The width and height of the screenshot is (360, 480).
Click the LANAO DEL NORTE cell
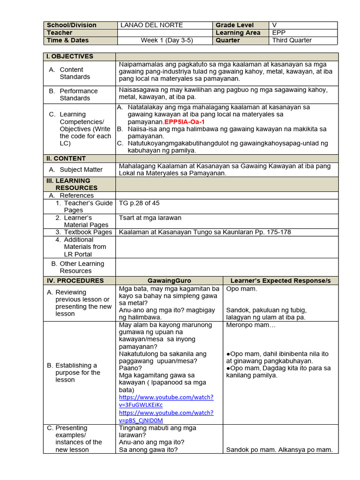(x=151, y=25)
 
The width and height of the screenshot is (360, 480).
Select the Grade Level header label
(x=234, y=25)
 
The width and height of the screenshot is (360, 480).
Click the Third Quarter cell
(x=292, y=40)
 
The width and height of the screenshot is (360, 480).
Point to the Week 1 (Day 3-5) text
(x=166, y=40)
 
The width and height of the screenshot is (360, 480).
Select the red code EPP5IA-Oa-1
(x=185, y=121)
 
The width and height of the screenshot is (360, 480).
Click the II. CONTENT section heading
(x=66, y=158)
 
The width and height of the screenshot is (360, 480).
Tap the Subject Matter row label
(x=81, y=170)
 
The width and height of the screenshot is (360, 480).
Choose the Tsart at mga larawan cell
(x=150, y=217)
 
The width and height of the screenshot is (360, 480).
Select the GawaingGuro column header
(x=169, y=281)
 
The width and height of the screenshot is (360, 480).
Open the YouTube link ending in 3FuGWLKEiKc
(x=166, y=401)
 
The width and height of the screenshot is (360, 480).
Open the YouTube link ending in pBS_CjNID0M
(x=166, y=416)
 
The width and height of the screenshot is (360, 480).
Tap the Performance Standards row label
(x=78, y=94)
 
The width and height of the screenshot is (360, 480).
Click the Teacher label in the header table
(x=60, y=33)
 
